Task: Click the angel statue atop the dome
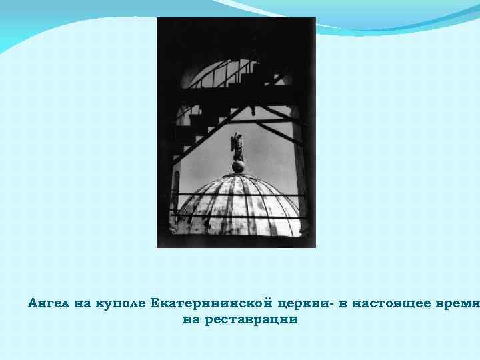(x=237, y=148)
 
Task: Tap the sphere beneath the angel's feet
(x=237, y=166)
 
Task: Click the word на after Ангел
(x=83, y=303)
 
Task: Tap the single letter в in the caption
(x=342, y=303)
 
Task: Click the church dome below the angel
(x=237, y=203)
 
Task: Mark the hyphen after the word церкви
(x=331, y=304)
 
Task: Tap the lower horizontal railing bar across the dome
(x=237, y=218)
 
